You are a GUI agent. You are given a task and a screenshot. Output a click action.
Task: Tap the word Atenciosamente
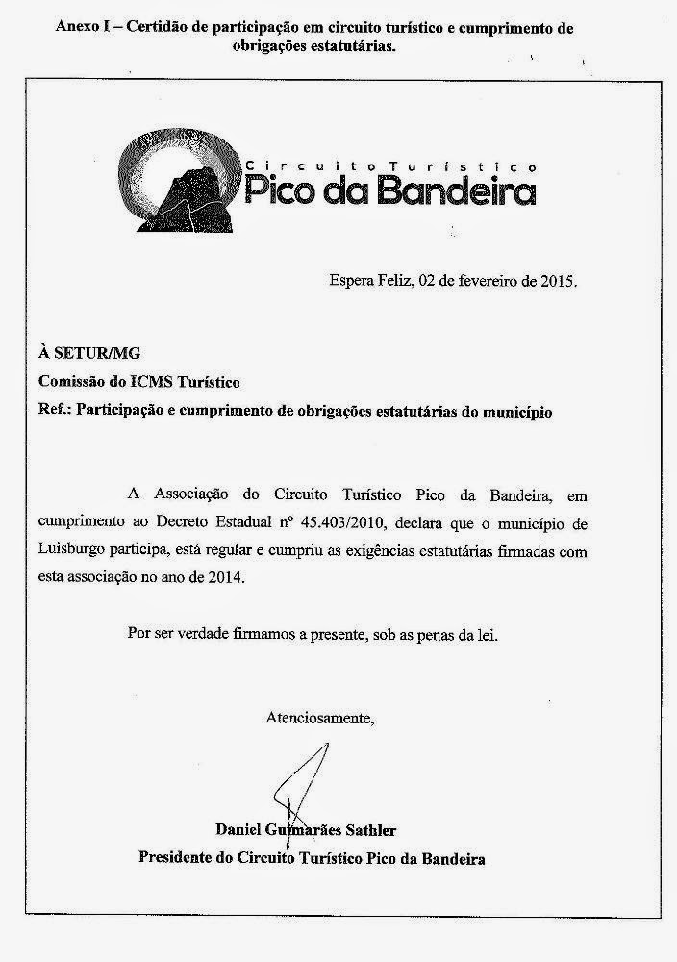[318, 717]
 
